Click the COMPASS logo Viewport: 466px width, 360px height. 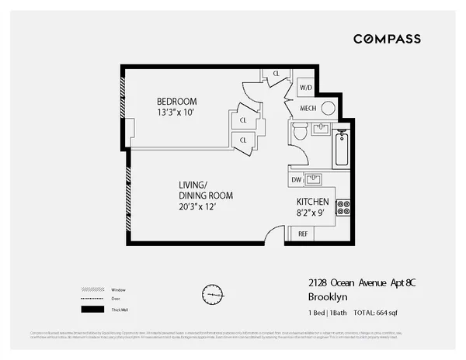coord(388,39)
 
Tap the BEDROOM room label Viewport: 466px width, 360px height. coord(176,102)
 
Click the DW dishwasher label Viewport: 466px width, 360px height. coord(296,180)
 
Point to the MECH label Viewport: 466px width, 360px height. coord(307,109)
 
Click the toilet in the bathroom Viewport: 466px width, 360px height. coord(299,133)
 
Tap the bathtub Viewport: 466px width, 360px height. coord(341,149)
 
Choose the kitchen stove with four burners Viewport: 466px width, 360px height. coord(343,207)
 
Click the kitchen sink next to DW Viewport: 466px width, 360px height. coord(314,180)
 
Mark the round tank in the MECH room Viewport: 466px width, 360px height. coord(328,108)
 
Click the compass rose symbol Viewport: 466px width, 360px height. coord(211,296)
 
